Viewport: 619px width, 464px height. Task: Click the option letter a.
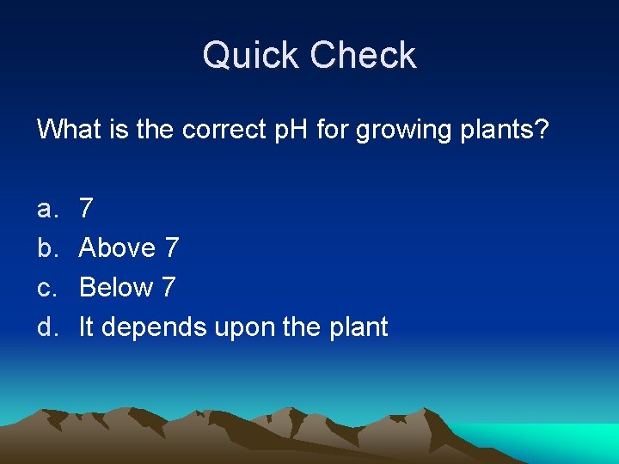point(46,208)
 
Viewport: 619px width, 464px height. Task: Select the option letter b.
point(46,247)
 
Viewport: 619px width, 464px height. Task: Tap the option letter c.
point(46,288)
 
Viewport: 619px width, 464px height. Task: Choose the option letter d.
point(46,327)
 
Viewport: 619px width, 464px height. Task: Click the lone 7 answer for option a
point(86,208)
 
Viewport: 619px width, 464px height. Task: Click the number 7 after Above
point(171,247)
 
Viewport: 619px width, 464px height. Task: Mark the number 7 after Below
point(168,288)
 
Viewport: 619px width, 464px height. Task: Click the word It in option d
point(86,327)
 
